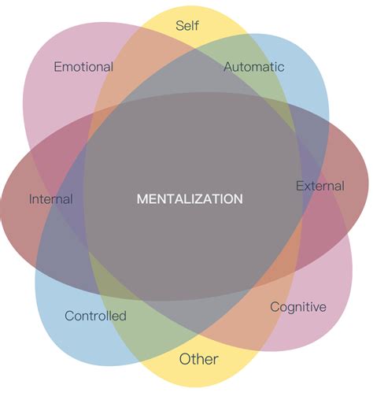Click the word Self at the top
coord(187,26)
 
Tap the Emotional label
coord(83,67)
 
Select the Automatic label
coord(253,67)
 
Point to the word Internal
coord(51,199)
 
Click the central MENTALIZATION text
coord(190,199)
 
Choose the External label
coord(319,187)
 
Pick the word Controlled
coord(95,316)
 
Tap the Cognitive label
coord(297,306)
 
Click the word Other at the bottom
coord(198,360)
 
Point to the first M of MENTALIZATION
coord(142,199)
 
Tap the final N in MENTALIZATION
coord(238,199)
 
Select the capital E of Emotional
coord(57,67)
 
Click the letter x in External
coord(306,187)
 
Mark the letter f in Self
coord(197,26)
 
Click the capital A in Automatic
coord(228,67)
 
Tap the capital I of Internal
coord(31,199)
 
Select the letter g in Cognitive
coord(290,308)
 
